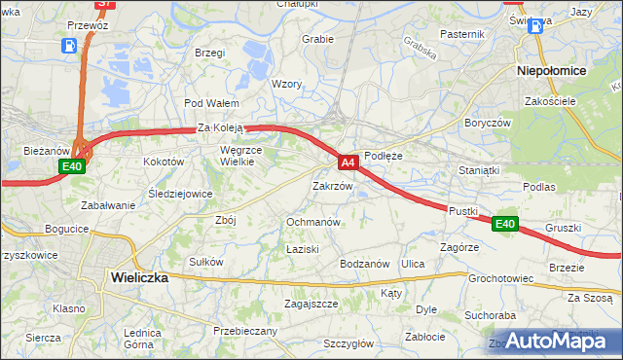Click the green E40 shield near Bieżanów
click(x=72, y=167)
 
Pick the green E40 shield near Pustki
click(x=504, y=224)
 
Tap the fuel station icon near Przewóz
click(x=70, y=46)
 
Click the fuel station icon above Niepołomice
click(x=534, y=26)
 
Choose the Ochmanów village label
click(x=312, y=222)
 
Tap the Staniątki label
click(x=479, y=170)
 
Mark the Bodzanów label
click(x=364, y=264)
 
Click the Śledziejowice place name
click(x=180, y=194)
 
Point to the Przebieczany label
click(x=244, y=331)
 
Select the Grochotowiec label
click(x=500, y=278)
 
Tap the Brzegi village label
click(x=210, y=53)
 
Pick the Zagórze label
click(x=458, y=247)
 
